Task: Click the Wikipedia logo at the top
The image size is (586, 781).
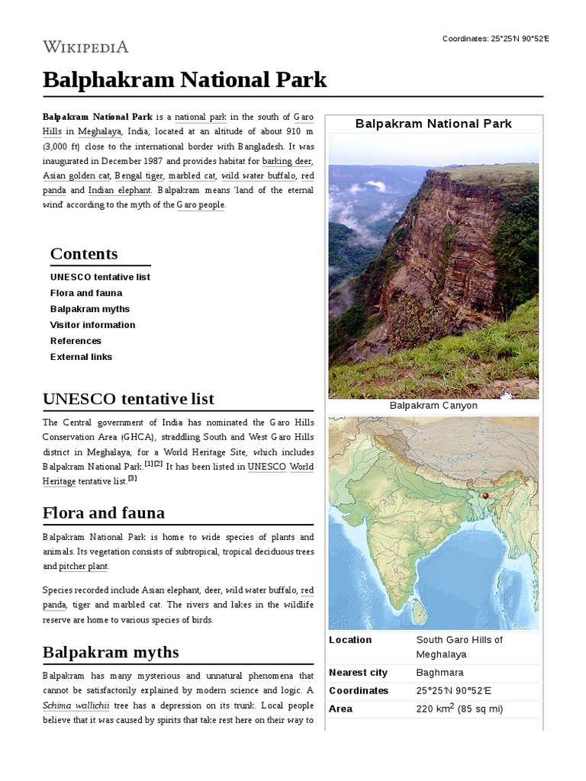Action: click(85, 47)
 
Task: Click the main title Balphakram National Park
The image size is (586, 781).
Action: click(185, 79)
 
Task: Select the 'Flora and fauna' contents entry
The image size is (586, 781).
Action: click(86, 293)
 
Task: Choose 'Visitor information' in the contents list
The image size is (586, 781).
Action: click(92, 325)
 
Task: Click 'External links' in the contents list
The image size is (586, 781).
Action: click(81, 357)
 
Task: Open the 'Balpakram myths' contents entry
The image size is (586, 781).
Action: click(90, 309)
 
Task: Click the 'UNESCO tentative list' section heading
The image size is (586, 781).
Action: click(128, 399)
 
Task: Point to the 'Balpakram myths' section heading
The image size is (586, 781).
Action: click(111, 652)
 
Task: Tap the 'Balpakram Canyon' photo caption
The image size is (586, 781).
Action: click(433, 406)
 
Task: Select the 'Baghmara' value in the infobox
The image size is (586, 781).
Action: click(439, 673)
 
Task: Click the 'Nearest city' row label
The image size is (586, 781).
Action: click(358, 673)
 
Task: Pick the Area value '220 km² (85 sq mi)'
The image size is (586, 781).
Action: click(460, 709)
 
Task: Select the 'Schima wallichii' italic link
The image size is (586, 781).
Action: click(76, 705)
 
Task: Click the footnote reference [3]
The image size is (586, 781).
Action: click(132, 478)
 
